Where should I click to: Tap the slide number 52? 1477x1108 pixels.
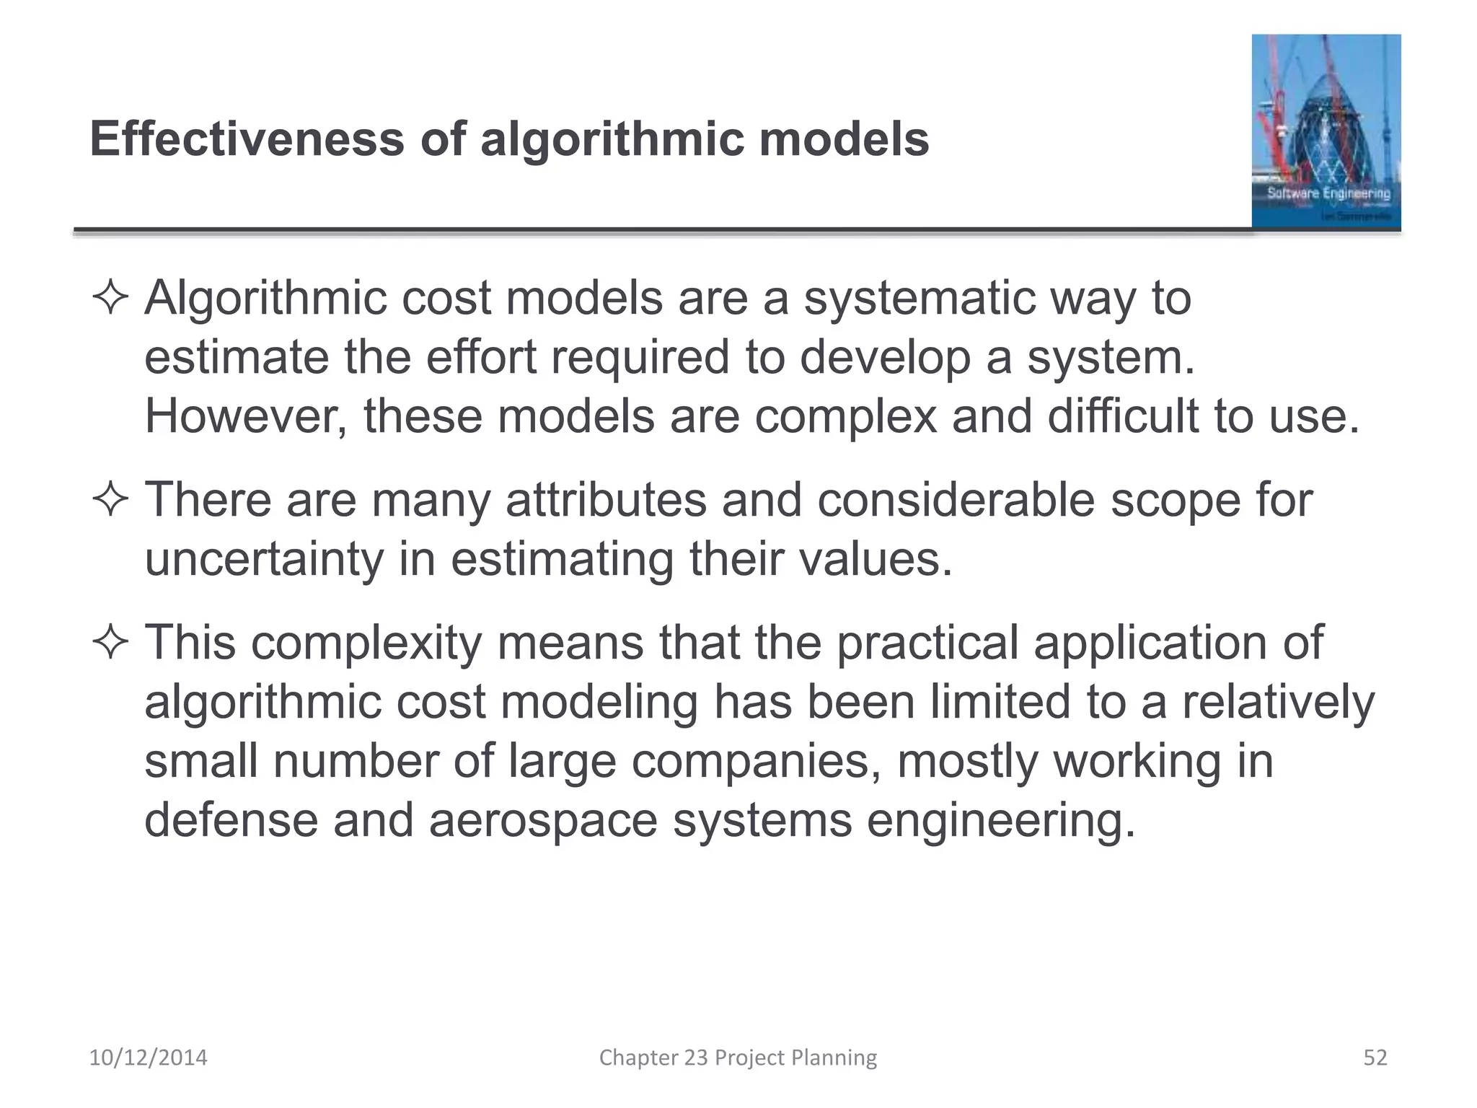pyautogui.click(x=1375, y=1058)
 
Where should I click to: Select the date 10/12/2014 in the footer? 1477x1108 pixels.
pyautogui.click(x=148, y=1058)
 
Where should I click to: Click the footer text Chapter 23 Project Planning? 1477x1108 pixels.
pyautogui.click(x=738, y=1058)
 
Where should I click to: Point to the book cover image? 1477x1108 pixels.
pyautogui.click(x=1326, y=132)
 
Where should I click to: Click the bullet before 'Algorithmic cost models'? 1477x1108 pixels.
pyautogui.click(x=110, y=299)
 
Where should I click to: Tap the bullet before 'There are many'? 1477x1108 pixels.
pyautogui.click(x=110, y=500)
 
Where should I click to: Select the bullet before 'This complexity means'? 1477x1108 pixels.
pyautogui.click(x=110, y=643)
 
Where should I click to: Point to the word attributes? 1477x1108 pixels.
pyautogui.click(x=606, y=499)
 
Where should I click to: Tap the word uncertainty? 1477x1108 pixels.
pyautogui.click(x=264, y=559)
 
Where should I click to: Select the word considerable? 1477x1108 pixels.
pyautogui.click(x=956, y=499)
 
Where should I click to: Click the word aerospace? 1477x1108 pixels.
pyautogui.click(x=543, y=820)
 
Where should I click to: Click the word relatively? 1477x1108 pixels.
pyautogui.click(x=1278, y=702)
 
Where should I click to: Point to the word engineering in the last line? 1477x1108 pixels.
pyautogui.click(x=1000, y=820)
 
